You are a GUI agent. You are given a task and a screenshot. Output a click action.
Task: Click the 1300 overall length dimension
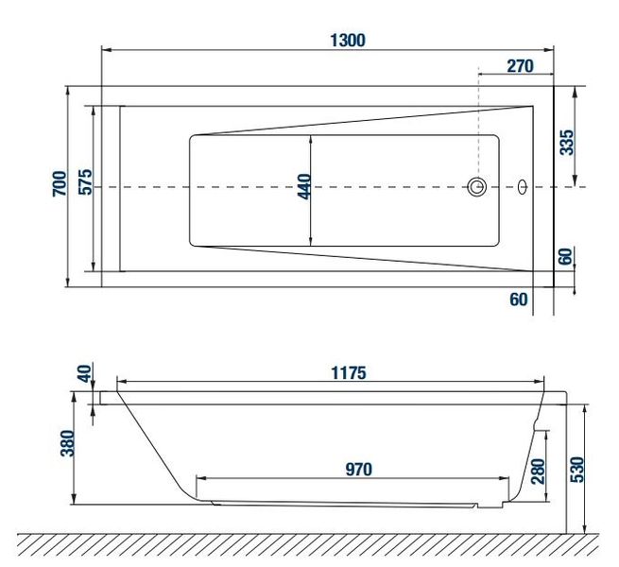[x=348, y=41]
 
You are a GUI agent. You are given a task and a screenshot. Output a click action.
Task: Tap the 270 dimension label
[x=520, y=66]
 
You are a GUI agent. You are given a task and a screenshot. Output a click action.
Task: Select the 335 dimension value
[x=566, y=142]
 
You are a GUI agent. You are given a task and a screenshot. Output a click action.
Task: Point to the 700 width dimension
[x=60, y=183]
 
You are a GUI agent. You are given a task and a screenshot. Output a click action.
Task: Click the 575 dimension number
[x=85, y=182]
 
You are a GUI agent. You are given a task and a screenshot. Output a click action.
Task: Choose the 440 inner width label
[x=304, y=187]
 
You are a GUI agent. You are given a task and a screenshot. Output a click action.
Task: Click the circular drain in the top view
[x=477, y=186]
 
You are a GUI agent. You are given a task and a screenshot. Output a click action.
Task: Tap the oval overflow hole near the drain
[x=523, y=187]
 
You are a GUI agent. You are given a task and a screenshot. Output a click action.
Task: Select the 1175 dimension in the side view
[x=349, y=372]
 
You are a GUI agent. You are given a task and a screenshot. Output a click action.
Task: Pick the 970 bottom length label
[x=359, y=470]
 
